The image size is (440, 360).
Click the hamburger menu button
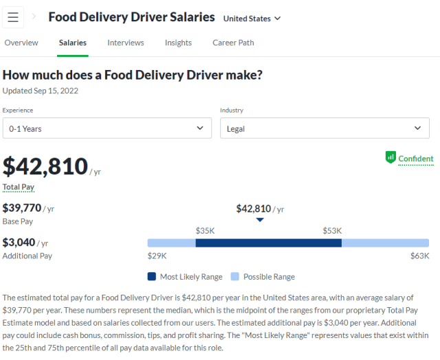tap(13, 17)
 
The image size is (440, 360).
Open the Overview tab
tap(21, 43)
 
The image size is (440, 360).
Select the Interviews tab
tap(126, 43)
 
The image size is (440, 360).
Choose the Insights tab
tap(178, 43)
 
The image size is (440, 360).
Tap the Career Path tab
tap(233, 43)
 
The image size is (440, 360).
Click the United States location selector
tap(252, 19)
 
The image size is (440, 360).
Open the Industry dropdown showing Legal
tap(324, 128)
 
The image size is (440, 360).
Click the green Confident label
tap(416, 159)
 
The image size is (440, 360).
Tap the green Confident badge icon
tap(390, 157)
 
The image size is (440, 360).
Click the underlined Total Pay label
tap(19, 187)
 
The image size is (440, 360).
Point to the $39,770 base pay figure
tap(22, 207)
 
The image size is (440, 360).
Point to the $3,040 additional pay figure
tap(19, 243)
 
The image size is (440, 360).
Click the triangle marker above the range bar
tap(260, 221)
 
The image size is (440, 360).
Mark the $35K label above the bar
tap(206, 231)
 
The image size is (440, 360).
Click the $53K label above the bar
tap(332, 231)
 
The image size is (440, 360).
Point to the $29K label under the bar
tap(157, 256)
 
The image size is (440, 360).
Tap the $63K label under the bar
tap(419, 256)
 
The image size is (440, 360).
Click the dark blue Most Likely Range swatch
tap(152, 277)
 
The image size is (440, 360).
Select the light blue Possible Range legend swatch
tap(235, 277)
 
